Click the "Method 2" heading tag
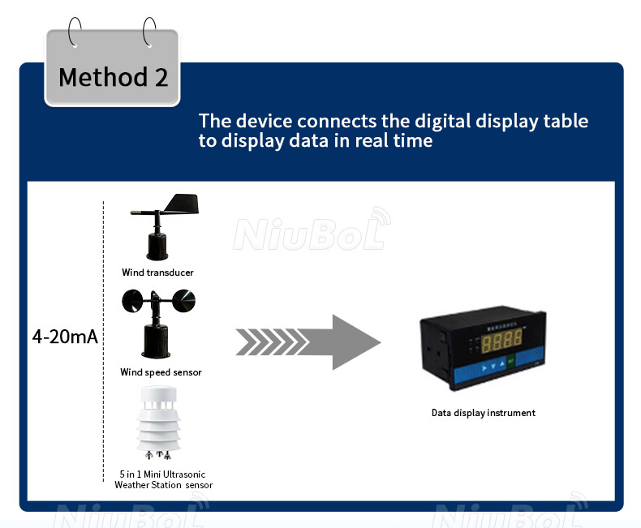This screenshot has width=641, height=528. click(113, 77)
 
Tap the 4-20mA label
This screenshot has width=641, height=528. click(65, 337)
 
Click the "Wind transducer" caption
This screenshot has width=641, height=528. click(158, 273)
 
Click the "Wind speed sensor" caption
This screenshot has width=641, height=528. click(161, 372)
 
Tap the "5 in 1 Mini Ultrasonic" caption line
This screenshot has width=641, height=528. click(163, 474)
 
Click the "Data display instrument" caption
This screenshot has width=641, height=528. click(483, 413)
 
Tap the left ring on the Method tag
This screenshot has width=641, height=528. click(75, 35)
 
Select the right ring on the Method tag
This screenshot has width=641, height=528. click(149, 35)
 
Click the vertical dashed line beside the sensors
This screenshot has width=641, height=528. click(104, 341)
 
